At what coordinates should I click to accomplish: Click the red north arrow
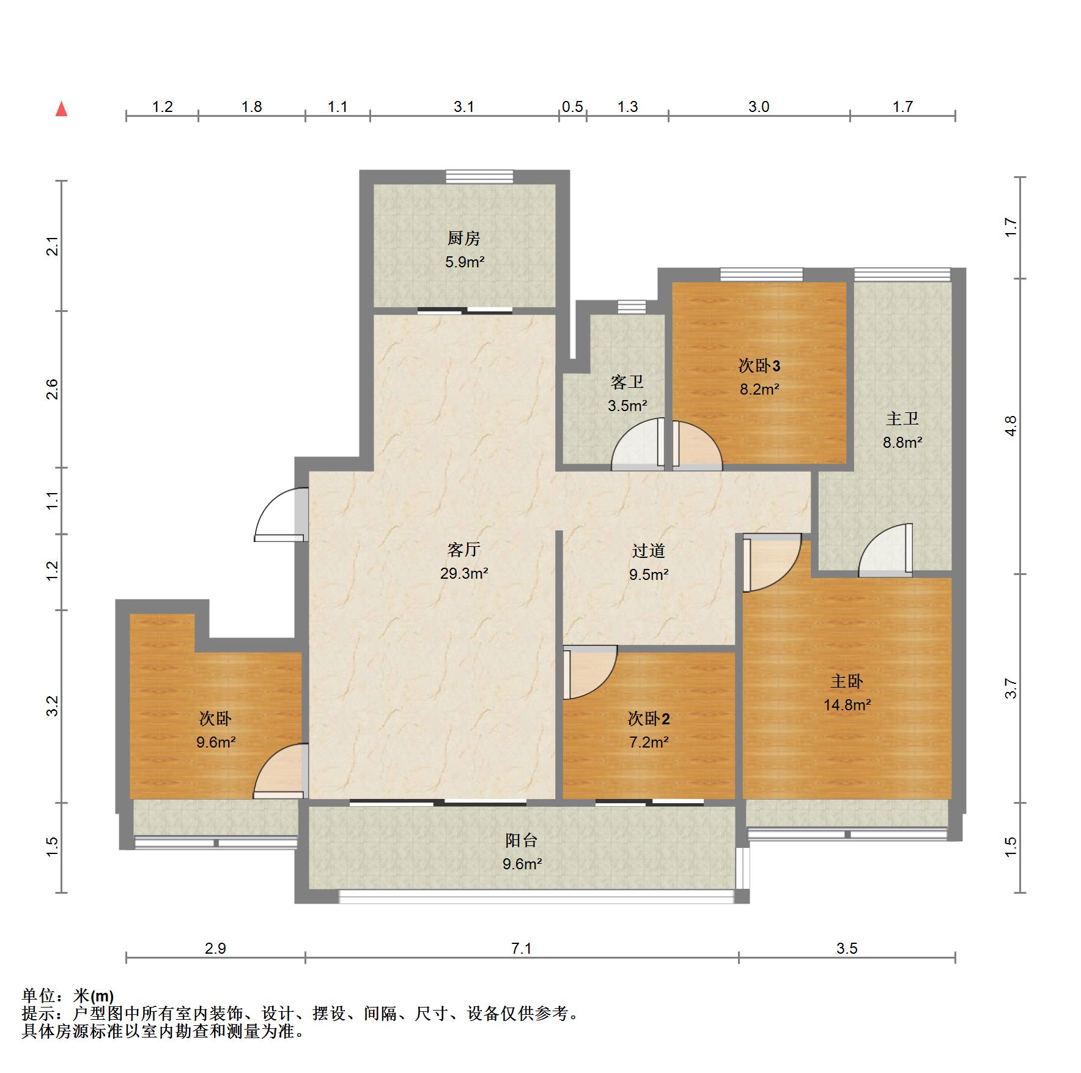click(61, 109)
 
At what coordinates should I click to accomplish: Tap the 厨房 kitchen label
click(464, 238)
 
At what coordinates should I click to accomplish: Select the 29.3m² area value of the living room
click(464, 573)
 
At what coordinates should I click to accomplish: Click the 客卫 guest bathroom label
click(627, 382)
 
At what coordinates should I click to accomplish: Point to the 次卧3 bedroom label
click(759, 366)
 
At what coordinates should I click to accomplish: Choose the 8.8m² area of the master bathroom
click(902, 442)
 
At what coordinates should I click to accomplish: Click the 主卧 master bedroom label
click(847, 681)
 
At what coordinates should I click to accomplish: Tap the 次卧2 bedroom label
click(649, 718)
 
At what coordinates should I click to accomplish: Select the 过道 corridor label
click(649, 551)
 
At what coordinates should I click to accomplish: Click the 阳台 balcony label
click(522, 841)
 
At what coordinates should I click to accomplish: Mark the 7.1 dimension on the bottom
click(522, 948)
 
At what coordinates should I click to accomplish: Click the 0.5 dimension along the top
click(572, 107)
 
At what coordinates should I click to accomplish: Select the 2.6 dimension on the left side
click(53, 390)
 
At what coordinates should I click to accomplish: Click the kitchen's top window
click(479, 176)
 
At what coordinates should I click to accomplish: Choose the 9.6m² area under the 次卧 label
click(216, 742)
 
